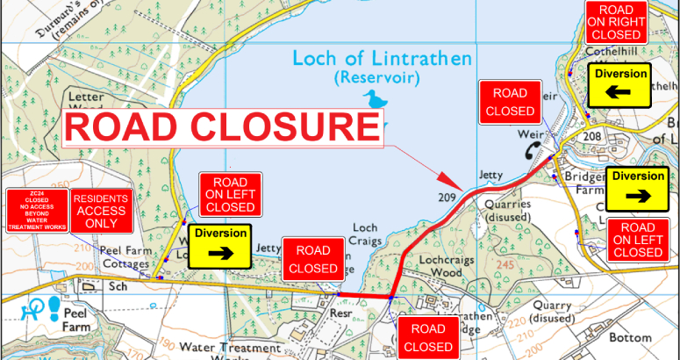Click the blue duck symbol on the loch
pyautogui.click(x=378, y=100)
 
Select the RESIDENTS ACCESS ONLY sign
pyautogui.click(x=101, y=211)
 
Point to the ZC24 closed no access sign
pyautogui.click(x=36, y=211)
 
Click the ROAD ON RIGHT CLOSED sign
pyautogui.click(x=616, y=23)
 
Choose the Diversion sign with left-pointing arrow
pyautogui.click(x=620, y=85)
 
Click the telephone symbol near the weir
pyautogui.click(x=535, y=150)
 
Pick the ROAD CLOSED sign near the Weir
pyautogui.click(x=510, y=102)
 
